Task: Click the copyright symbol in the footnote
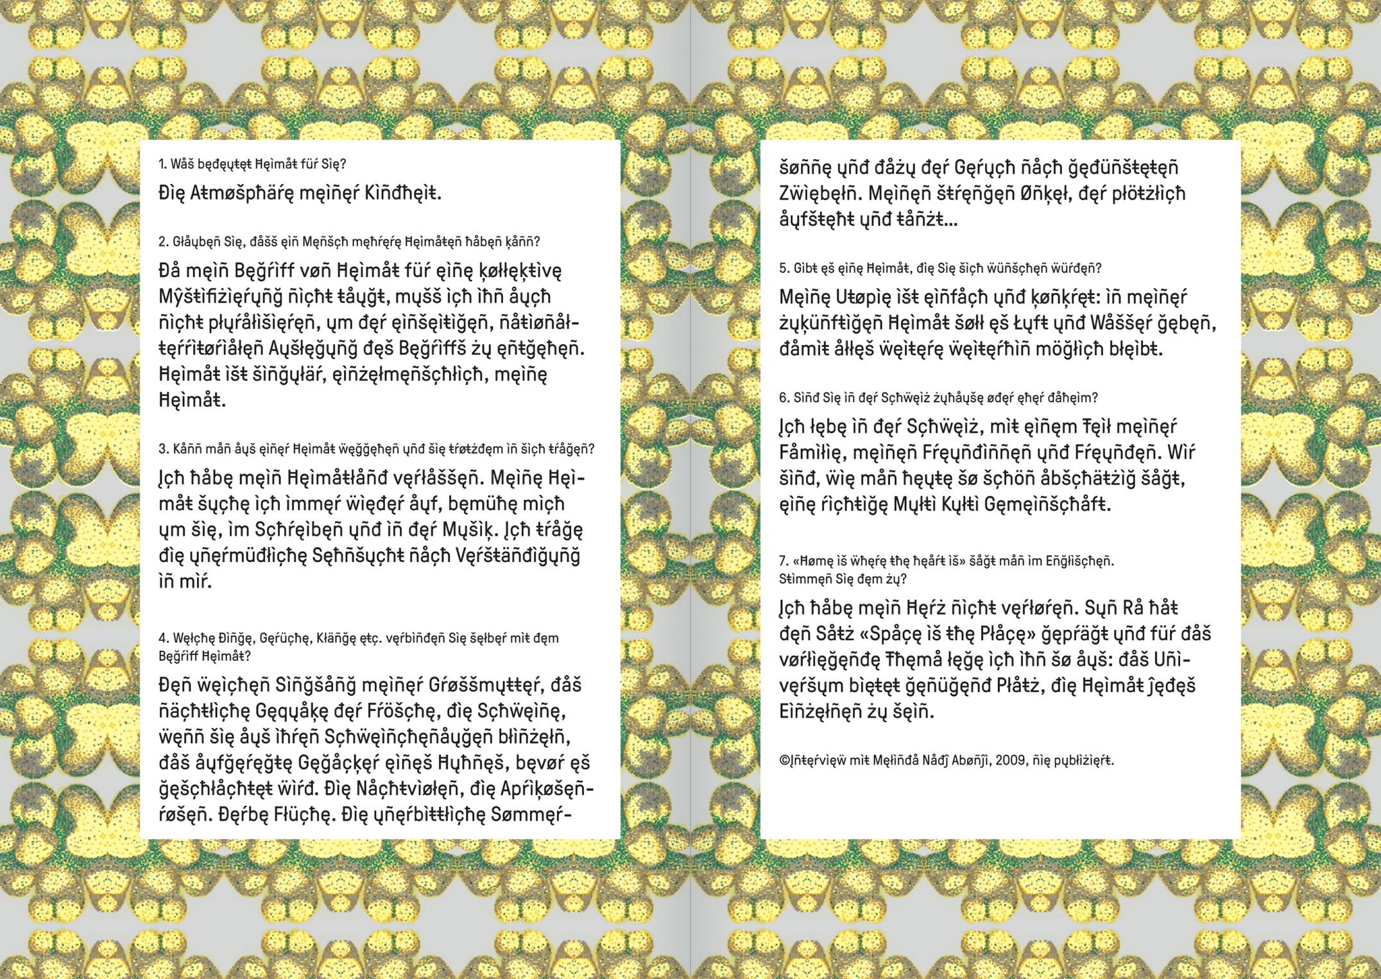[x=784, y=761]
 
